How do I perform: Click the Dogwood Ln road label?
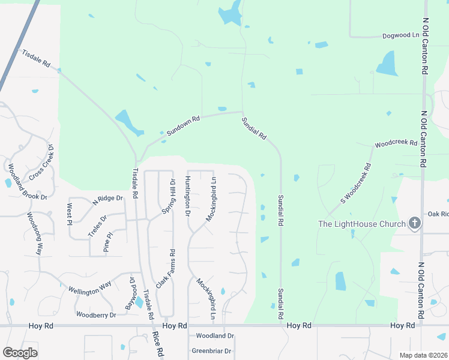[401, 36]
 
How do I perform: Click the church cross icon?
[414, 224]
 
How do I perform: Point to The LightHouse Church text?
[362, 224]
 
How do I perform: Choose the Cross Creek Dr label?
[41, 161]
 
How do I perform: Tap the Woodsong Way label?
[35, 233]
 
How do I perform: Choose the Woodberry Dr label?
[96, 314]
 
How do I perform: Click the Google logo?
[20, 353]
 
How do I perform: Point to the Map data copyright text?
[423, 355]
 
